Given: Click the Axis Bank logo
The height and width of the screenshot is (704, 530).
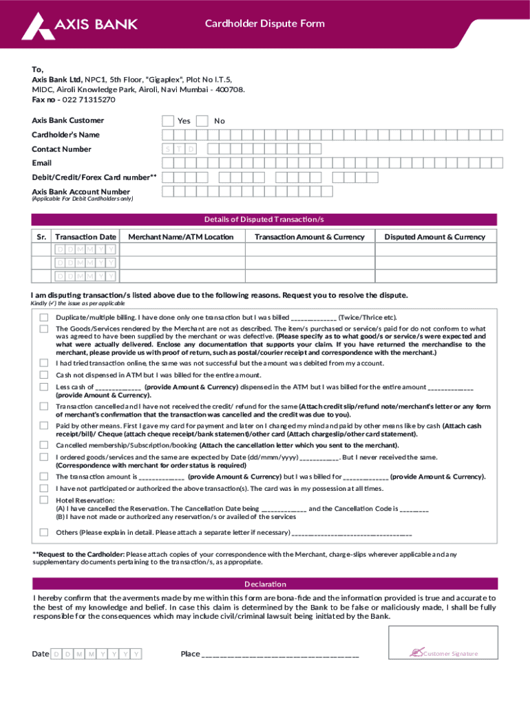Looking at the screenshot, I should [x=79, y=25].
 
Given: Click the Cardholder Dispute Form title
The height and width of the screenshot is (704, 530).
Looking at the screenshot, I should [x=264, y=24].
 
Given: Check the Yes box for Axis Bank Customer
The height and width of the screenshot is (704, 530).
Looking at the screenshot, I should [x=168, y=121].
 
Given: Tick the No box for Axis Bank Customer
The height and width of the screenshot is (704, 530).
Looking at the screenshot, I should [x=202, y=121].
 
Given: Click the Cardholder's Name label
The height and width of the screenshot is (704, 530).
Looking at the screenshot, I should [x=65, y=135].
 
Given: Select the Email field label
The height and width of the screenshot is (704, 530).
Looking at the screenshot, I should [x=41, y=163].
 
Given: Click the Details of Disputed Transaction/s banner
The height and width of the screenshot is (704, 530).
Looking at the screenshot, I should [x=264, y=220].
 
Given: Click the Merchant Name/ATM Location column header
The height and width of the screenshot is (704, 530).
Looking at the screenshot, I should [x=180, y=237].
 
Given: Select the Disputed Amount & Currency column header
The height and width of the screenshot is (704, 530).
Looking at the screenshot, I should [x=434, y=237].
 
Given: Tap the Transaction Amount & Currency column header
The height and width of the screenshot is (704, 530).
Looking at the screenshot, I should [x=309, y=237].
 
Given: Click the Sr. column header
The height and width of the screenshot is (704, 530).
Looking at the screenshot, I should [x=41, y=237].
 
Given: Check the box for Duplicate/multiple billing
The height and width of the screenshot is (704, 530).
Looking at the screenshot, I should [x=44, y=318].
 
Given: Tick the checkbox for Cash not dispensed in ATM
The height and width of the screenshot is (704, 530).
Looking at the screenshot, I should [x=44, y=375].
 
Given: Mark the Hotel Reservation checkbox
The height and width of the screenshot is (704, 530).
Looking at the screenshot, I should [x=44, y=500].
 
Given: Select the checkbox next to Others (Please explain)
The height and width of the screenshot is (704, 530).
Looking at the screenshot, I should [x=44, y=532].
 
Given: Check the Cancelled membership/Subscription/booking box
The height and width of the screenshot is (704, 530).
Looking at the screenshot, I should [x=44, y=445].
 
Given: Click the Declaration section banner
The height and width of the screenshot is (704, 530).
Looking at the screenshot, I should [x=264, y=584].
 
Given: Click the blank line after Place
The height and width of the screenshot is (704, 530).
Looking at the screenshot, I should [x=279, y=654].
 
